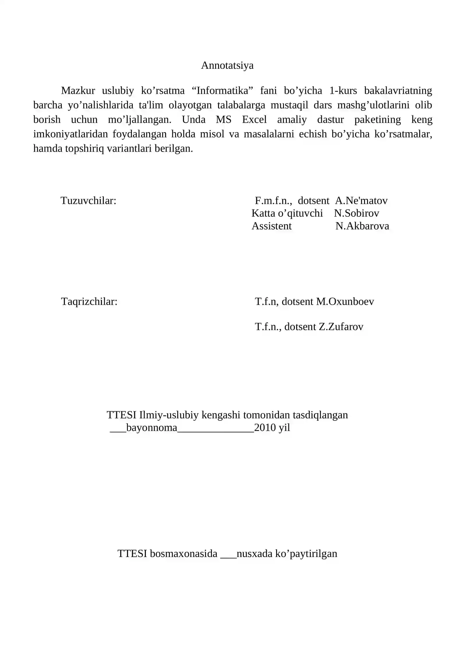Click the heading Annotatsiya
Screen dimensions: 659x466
(x=227, y=66)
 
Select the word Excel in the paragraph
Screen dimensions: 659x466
(x=254, y=119)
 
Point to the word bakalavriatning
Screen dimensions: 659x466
(x=398, y=91)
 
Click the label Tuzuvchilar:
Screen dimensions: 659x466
(x=89, y=201)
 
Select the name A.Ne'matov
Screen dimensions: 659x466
(x=361, y=201)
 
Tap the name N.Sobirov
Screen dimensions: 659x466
(x=356, y=213)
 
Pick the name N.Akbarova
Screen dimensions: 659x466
(x=362, y=226)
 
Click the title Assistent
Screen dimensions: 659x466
(x=271, y=226)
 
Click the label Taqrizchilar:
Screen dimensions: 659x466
(x=89, y=302)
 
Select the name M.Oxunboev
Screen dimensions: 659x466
(x=345, y=302)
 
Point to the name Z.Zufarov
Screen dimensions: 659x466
(x=341, y=327)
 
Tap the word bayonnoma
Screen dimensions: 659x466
(x=152, y=428)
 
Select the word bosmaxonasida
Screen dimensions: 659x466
(x=183, y=554)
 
